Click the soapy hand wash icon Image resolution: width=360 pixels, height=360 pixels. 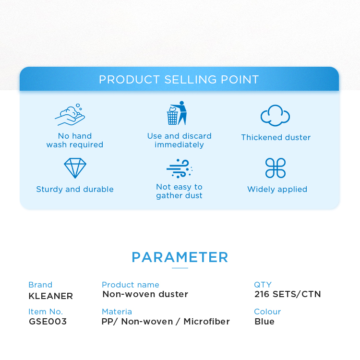[x=70, y=114]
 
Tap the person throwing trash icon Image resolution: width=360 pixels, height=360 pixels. [x=177, y=113]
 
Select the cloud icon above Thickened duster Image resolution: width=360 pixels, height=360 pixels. [x=275, y=116]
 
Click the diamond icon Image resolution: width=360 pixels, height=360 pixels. [x=75, y=168]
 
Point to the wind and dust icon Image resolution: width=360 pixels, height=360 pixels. [x=180, y=168]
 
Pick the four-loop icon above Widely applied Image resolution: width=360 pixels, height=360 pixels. [x=276, y=168]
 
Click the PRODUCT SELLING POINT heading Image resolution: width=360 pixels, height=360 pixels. [x=179, y=80]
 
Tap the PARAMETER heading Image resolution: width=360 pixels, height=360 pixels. [x=180, y=257]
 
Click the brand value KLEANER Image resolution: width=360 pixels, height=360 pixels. [x=51, y=296]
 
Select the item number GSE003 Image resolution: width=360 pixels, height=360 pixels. [x=48, y=322]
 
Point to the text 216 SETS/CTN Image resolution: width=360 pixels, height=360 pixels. [x=288, y=294]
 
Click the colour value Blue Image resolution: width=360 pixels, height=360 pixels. [x=264, y=322]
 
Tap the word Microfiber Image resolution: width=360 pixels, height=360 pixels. [x=206, y=322]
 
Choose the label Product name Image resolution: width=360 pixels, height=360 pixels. [x=131, y=285]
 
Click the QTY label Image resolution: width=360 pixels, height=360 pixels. [x=263, y=285]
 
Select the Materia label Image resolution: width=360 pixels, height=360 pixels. [x=117, y=312]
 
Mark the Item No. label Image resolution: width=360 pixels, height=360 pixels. [x=46, y=312]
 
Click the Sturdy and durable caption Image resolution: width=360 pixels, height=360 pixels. [x=75, y=189]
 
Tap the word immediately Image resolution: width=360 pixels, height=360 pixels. [x=179, y=145]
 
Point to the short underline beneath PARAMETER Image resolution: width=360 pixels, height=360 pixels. [x=180, y=268]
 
